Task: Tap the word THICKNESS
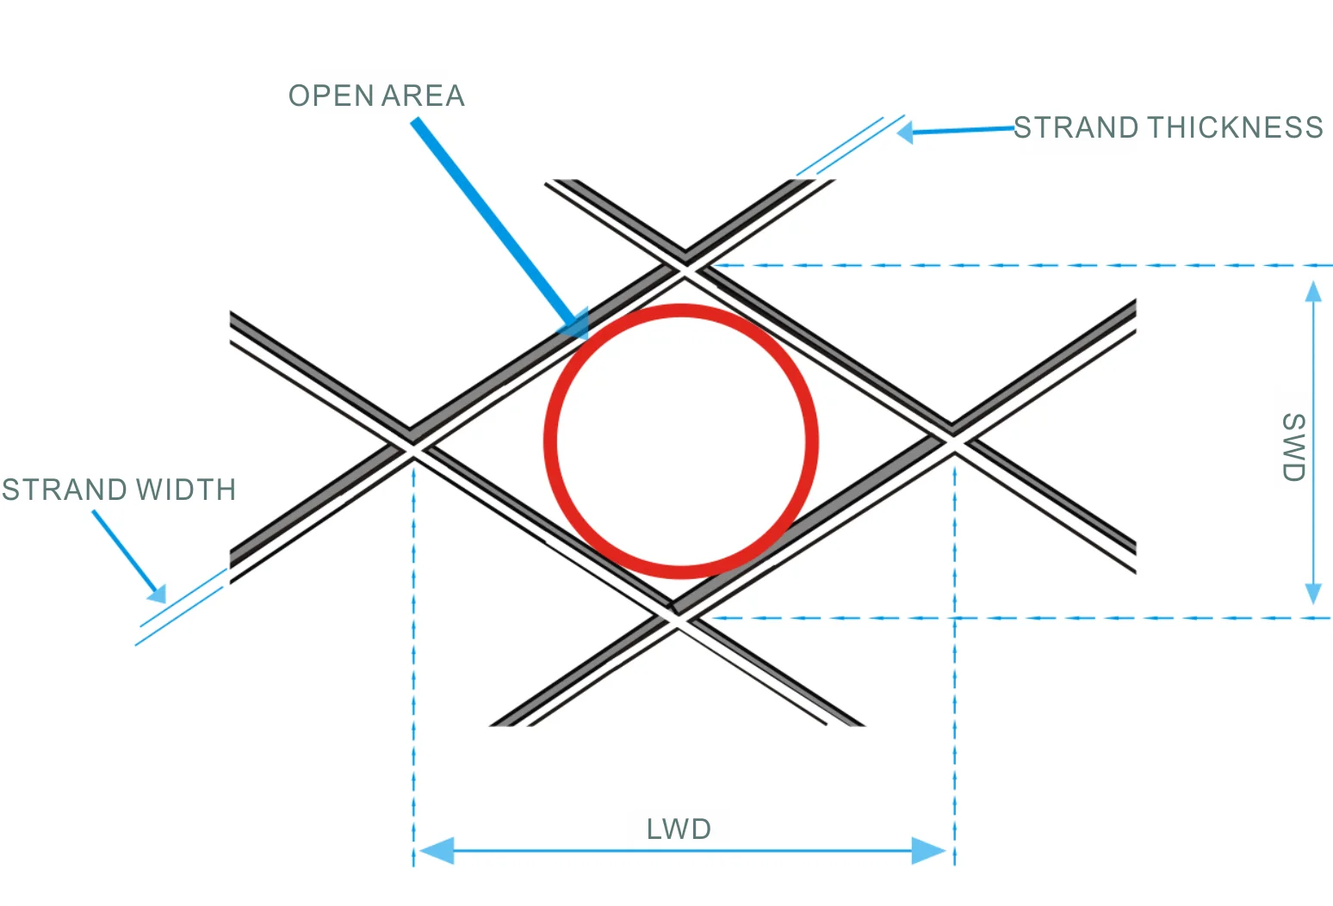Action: (1234, 127)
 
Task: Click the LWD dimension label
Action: (679, 829)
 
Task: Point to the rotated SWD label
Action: (1293, 447)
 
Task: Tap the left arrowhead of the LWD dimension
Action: (436, 851)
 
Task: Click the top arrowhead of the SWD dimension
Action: (1313, 293)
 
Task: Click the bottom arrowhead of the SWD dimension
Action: (1313, 593)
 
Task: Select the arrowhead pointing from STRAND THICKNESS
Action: (905, 133)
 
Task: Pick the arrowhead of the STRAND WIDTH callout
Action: (157, 593)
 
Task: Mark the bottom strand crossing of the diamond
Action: (679, 618)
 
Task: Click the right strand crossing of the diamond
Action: (953, 441)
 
